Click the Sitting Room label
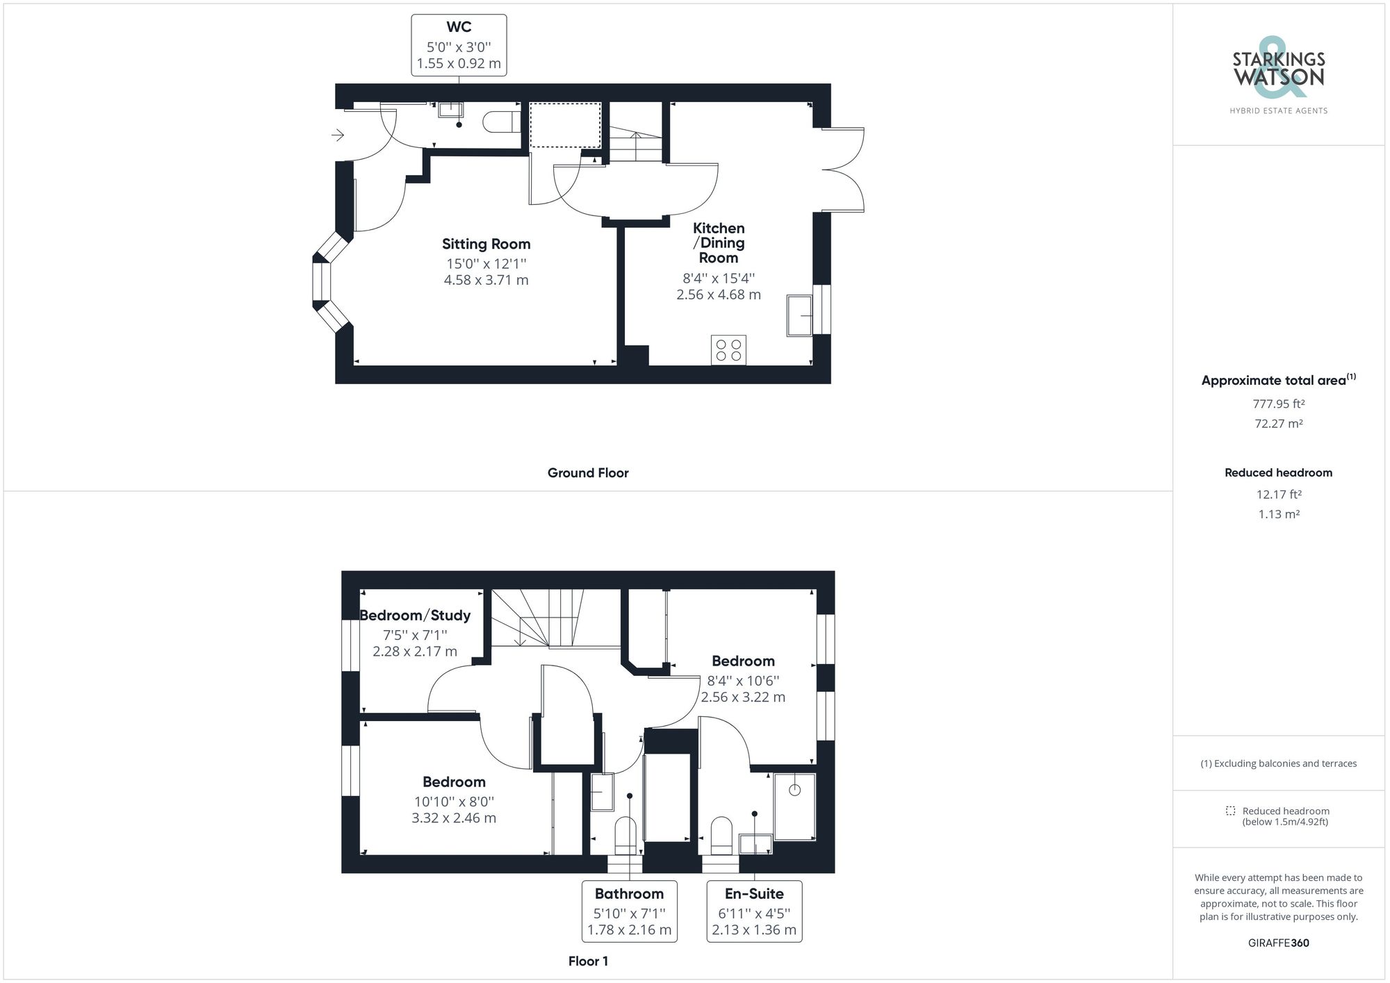pos(486,244)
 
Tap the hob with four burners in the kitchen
pos(728,349)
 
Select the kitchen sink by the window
pos(799,315)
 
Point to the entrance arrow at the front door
pos(338,135)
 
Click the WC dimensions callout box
pos(459,45)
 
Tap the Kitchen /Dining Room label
pos(719,242)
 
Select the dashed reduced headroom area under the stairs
pos(565,125)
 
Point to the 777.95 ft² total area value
pos(1278,404)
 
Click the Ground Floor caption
pos(588,473)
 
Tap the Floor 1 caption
pos(588,961)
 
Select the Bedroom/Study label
pos(415,616)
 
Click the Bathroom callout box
pos(629,911)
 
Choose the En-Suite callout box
pos(754,911)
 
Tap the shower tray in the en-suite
pos(794,806)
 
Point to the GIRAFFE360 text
pos(1278,943)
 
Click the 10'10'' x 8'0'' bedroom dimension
pos(453,801)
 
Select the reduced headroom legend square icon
pos(1230,811)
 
